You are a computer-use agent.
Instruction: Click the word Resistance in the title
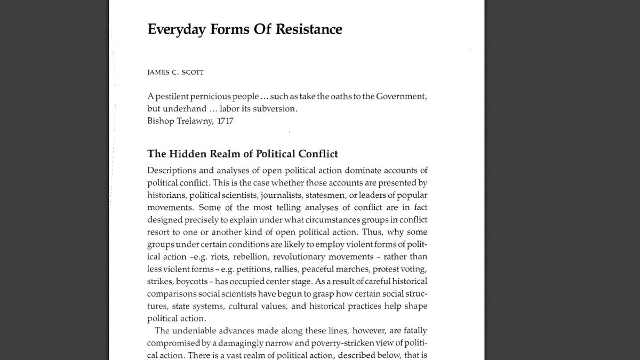pyautogui.click(x=309, y=29)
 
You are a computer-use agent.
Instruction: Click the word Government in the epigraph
pyautogui.click(x=396, y=97)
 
